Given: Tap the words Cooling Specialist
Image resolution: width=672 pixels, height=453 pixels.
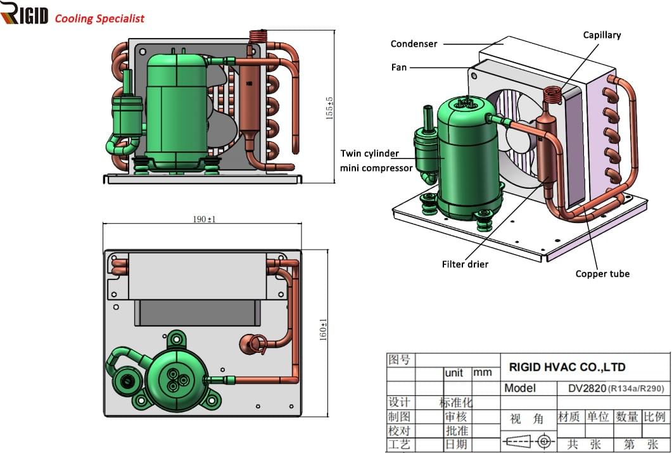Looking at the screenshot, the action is [99, 18].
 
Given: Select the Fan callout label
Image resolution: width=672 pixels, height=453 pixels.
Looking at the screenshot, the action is [398, 67].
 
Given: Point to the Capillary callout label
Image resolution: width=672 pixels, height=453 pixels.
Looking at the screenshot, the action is [602, 35].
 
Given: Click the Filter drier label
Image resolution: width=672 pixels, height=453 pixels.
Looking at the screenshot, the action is [465, 264].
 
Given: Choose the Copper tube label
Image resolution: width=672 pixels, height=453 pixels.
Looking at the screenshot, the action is [602, 274].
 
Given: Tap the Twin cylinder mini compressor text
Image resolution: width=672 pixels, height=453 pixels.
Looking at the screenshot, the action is [376, 161].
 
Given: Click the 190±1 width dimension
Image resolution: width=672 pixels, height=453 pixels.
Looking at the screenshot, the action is [204, 219].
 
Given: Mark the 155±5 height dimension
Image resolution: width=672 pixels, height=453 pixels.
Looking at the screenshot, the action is [329, 108].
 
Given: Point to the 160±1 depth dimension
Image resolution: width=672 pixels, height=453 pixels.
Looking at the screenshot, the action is [323, 329].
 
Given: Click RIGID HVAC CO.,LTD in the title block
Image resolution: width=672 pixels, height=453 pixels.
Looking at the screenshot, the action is [567, 367].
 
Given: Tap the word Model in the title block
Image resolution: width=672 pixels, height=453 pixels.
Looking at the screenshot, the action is [520, 388].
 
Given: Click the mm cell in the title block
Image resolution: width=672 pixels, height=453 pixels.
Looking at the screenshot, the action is [482, 373].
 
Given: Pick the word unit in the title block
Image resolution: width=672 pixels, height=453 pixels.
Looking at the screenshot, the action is [454, 373].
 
